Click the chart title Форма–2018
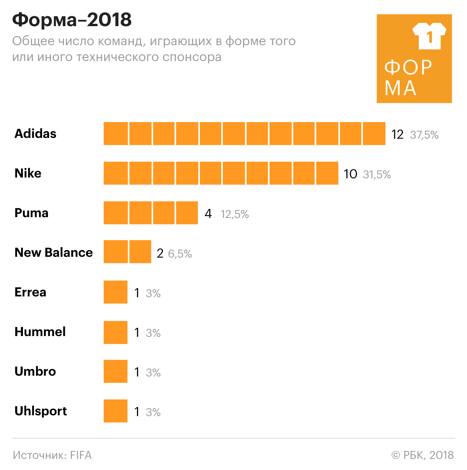tap(72, 20)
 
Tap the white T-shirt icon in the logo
tap(429, 36)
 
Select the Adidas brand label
tap(35, 134)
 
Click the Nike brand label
tap(28, 174)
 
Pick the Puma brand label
tap(31, 213)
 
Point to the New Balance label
tap(53, 253)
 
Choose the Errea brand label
tap(30, 292)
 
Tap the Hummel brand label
tap(40, 332)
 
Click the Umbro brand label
tap(35, 372)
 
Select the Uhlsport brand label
tap(40, 411)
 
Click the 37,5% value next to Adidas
tap(424, 135)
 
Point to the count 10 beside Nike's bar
tap(350, 174)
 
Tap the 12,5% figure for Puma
tap(235, 214)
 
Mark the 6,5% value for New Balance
tap(180, 254)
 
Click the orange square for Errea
tap(116, 292)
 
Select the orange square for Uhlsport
tap(116, 411)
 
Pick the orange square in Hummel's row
tap(116, 332)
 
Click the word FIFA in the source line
tap(81, 455)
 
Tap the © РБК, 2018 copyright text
tap(423, 455)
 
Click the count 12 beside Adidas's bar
tap(397, 135)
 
